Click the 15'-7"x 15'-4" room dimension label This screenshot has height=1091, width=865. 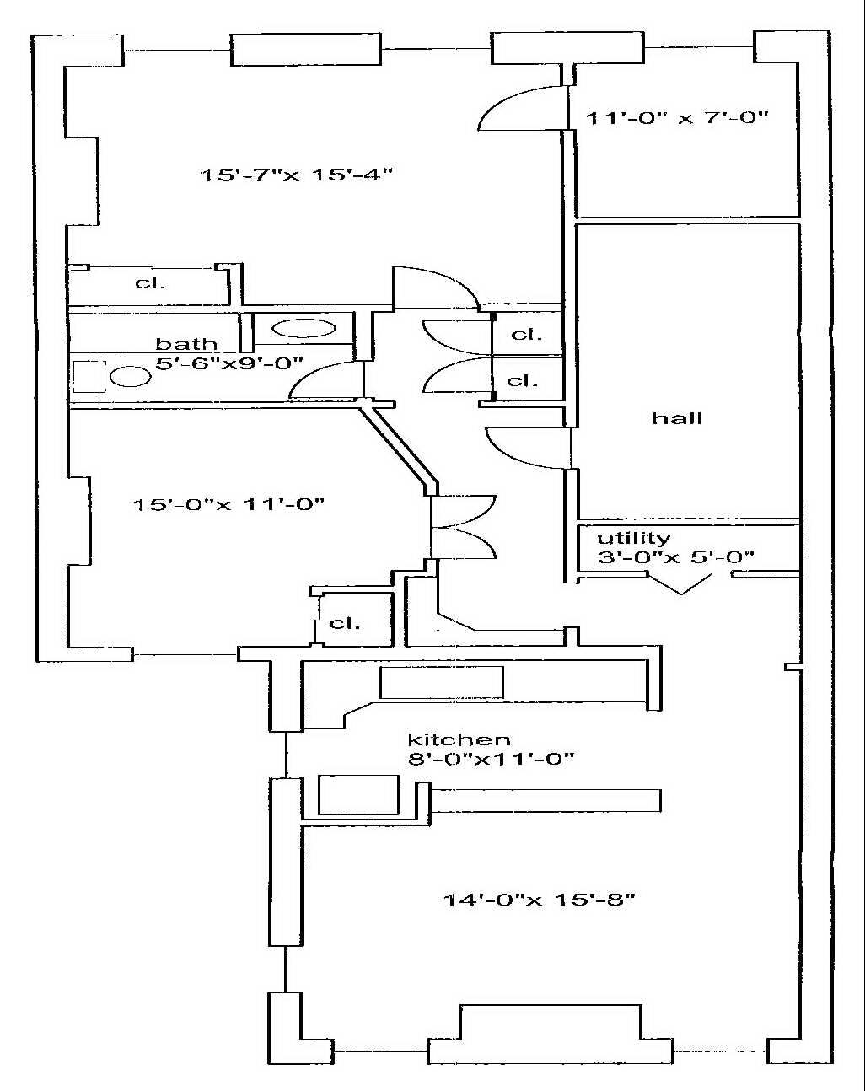point(297,175)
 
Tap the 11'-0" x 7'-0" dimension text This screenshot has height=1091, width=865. point(677,118)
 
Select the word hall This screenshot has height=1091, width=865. point(676,418)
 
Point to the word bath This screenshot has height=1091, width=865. point(186,344)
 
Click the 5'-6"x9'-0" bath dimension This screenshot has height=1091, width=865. point(229,364)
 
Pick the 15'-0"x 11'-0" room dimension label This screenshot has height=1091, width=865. point(229,504)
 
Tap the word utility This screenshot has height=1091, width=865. point(633,538)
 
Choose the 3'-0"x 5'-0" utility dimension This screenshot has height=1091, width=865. point(674,556)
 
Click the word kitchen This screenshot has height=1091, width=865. point(459,739)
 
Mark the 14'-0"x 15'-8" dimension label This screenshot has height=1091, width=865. point(540,899)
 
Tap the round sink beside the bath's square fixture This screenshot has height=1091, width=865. point(130,376)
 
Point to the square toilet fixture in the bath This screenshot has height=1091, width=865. point(88,376)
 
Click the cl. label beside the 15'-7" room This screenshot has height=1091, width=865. point(150,282)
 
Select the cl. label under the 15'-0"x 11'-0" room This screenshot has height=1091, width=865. point(344,623)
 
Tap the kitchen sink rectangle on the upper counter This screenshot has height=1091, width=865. point(441,682)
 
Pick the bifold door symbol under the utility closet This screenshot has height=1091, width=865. point(682,584)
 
